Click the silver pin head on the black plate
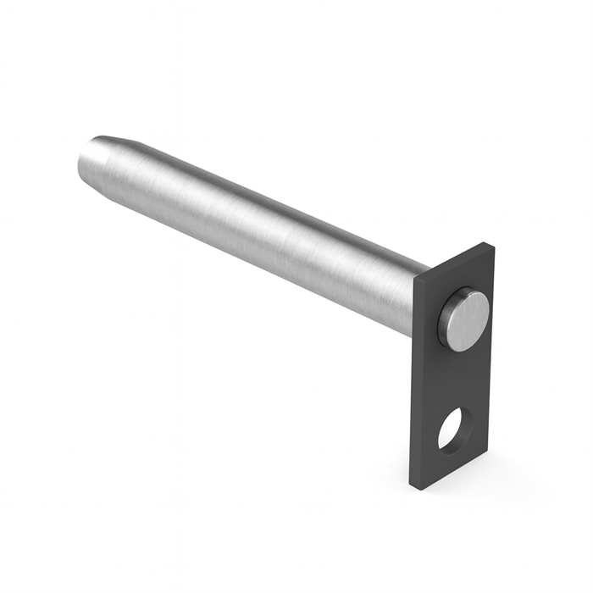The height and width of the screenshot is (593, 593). click(464, 320)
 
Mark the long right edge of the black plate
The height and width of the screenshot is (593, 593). click(494, 356)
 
